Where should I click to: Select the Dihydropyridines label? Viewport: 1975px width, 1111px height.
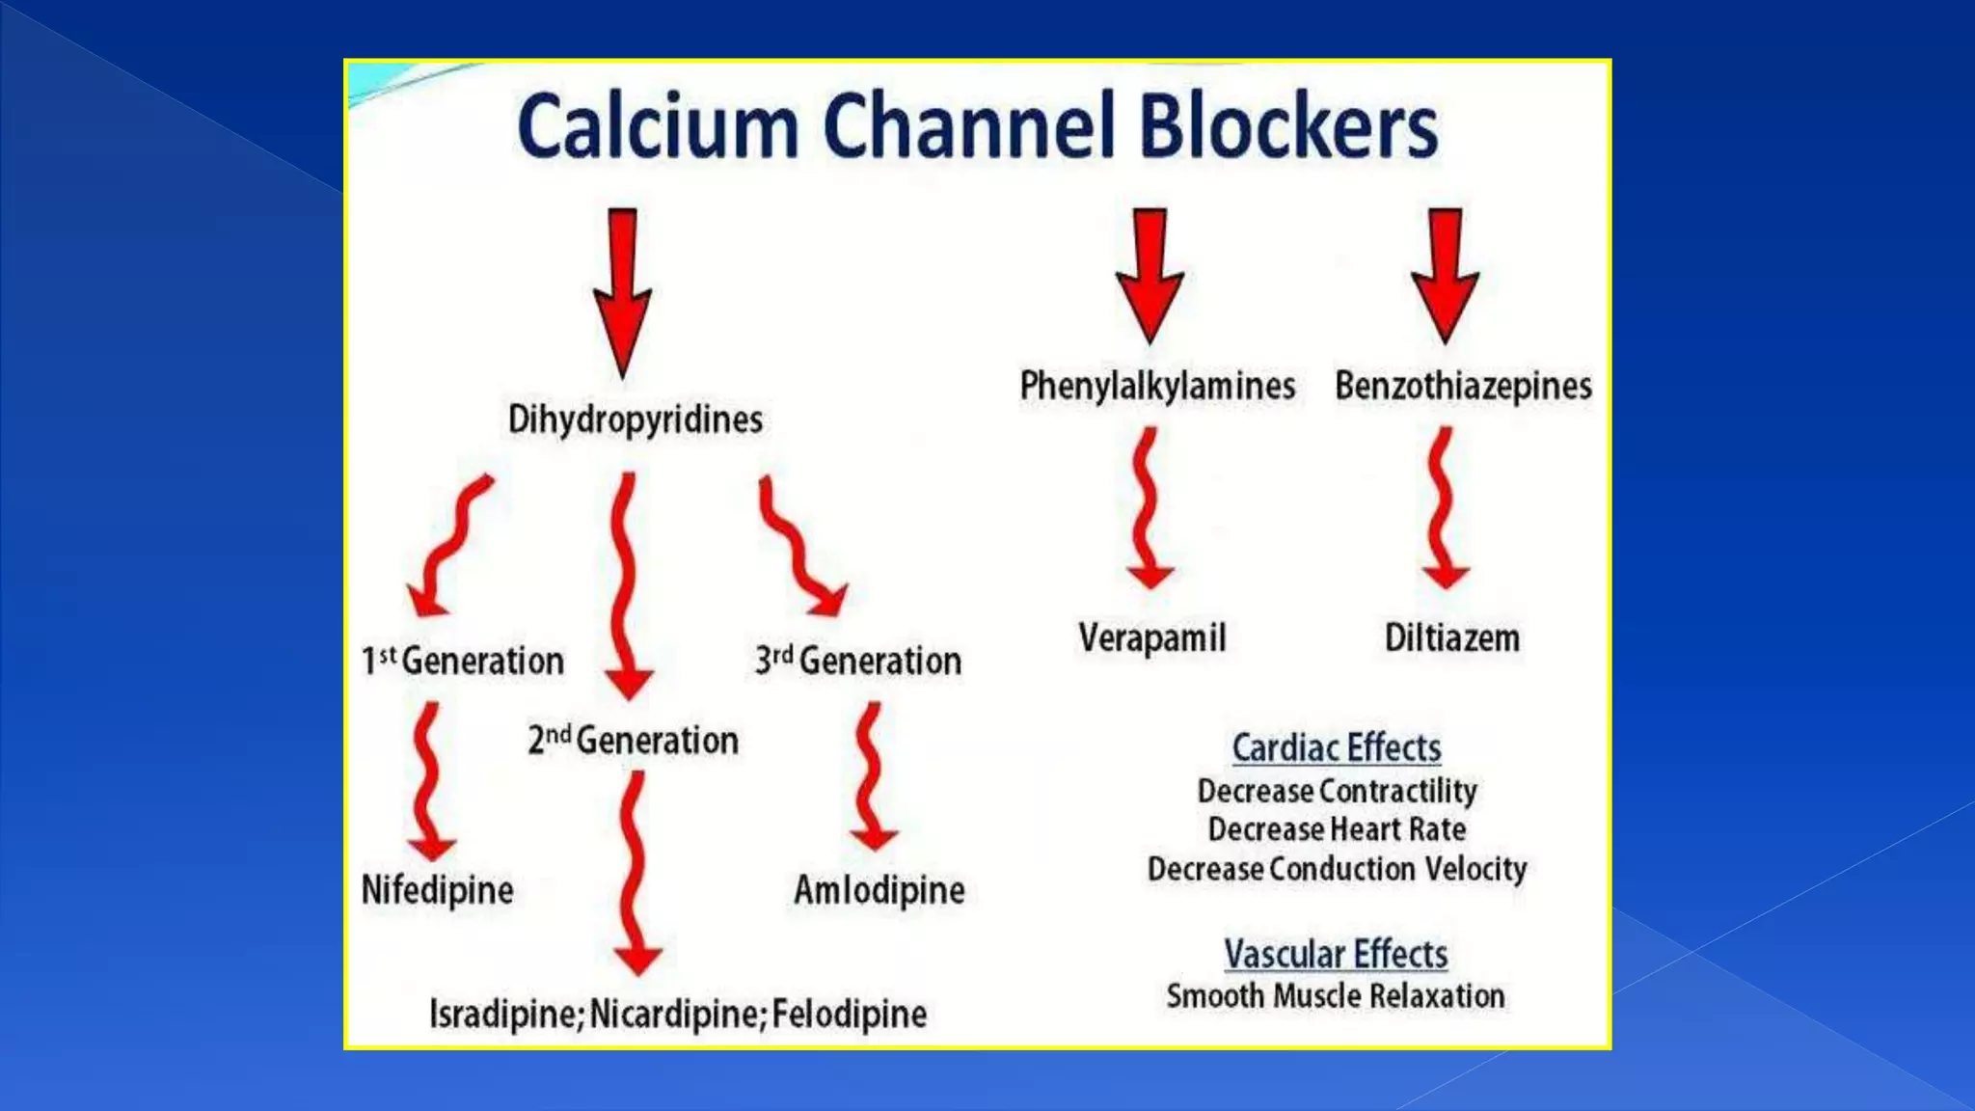635,420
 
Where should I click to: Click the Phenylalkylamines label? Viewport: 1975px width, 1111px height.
1157,386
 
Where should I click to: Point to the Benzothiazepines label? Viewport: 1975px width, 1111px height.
1463,386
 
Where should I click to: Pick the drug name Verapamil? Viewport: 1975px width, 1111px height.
1152,637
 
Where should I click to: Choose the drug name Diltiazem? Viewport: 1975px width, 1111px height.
1452,637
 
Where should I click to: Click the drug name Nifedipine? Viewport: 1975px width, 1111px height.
437,890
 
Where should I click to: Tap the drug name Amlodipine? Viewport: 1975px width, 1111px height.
879,890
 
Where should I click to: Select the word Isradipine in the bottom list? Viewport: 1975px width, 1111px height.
503,1015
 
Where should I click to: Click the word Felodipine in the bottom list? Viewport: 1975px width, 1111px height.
850,1015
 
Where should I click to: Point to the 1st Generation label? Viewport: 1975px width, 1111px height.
462,661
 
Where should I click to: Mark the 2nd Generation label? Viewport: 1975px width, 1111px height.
633,741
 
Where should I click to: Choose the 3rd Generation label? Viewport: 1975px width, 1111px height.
858,661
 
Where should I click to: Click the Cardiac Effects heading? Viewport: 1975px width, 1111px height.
1337,747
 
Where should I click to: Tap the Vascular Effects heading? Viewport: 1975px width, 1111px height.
1336,954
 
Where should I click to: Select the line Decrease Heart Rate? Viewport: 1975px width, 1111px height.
1337,829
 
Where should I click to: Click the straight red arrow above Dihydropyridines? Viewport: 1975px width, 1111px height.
622,289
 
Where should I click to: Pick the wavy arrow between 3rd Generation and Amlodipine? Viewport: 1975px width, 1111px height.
872,776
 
